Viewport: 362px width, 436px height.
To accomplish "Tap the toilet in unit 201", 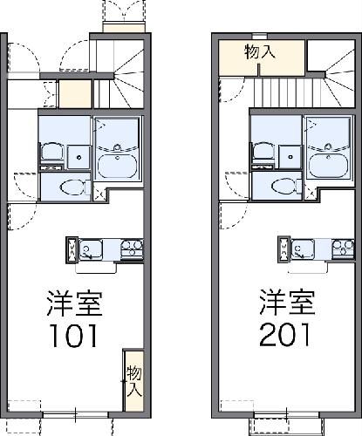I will (282, 187).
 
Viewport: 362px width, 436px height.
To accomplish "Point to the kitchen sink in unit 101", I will (89, 251).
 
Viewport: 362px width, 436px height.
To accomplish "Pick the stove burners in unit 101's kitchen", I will (132, 250).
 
